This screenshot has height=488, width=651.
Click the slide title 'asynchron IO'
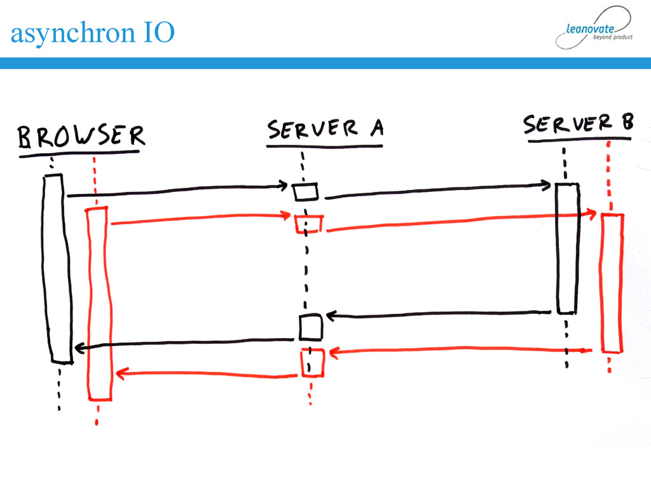point(92,33)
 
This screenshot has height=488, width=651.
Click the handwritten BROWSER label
point(81,136)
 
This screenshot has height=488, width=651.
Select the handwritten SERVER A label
point(325,130)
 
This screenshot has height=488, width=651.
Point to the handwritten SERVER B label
point(578,125)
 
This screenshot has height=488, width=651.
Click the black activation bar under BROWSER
point(57,267)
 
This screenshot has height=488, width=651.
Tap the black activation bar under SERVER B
point(566,248)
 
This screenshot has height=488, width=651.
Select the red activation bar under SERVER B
point(612,282)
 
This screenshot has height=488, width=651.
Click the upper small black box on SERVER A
point(305,191)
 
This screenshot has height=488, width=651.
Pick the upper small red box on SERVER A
point(308,224)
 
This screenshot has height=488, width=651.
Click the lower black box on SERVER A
point(311,327)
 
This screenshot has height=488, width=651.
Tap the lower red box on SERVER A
point(313,362)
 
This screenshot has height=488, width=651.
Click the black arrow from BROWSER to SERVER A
point(178,191)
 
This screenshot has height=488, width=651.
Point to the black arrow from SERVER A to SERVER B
point(439,190)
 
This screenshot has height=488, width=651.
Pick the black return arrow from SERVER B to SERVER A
point(439,314)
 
